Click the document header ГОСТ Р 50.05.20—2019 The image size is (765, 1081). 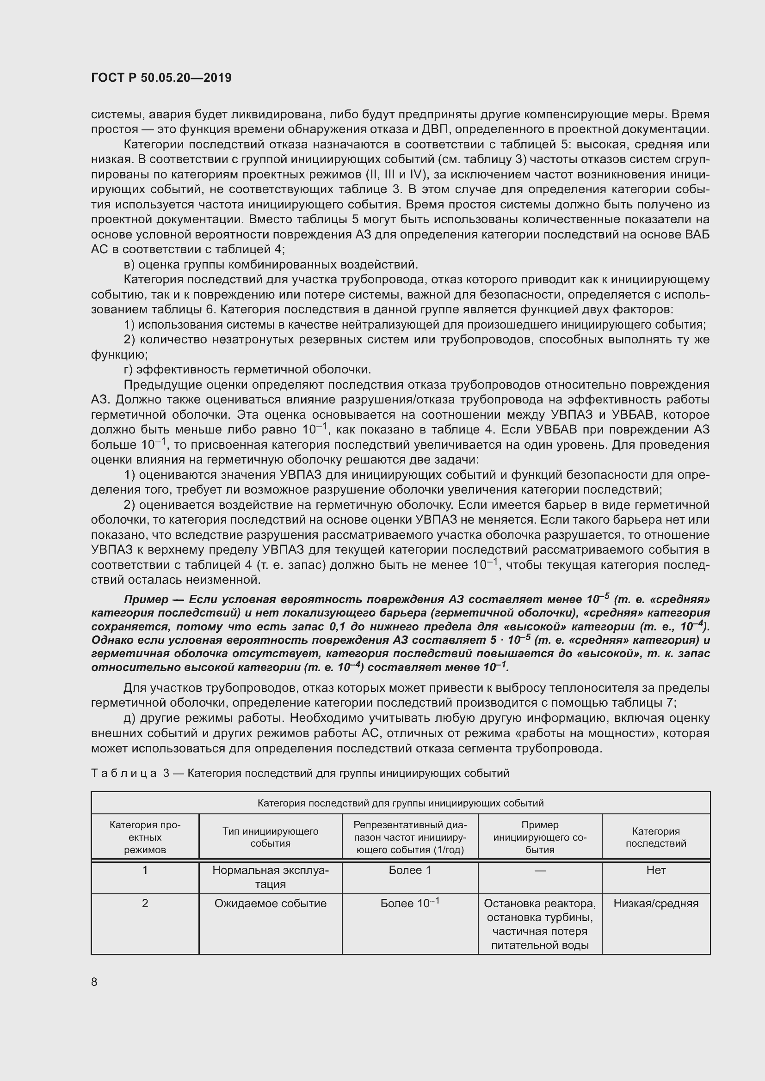tap(161, 78)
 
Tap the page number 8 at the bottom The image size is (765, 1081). tap(94, 982)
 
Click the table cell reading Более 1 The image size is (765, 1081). tap(410, 870)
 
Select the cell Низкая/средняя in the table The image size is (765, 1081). tap(656, 903)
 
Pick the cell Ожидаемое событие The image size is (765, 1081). tap(271, 903)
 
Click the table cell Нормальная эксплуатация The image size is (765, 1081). tap(271, 877)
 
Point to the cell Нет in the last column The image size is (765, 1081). tap(656, 870)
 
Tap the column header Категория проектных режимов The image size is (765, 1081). tap(145, 837)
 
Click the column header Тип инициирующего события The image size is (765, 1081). tap(271, 837)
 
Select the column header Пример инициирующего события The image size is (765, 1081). tap(540, 837)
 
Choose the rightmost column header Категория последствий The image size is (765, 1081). tap(656, 837)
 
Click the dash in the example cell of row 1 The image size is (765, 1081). tap(540, 871)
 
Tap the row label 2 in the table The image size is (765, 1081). tap(145, 903)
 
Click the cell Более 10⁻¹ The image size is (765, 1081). tap(410, 903)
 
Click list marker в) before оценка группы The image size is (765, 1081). tap(130, 265)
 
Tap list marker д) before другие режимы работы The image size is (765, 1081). tap(130, 718)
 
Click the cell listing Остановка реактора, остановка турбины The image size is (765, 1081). tap(540, 924)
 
